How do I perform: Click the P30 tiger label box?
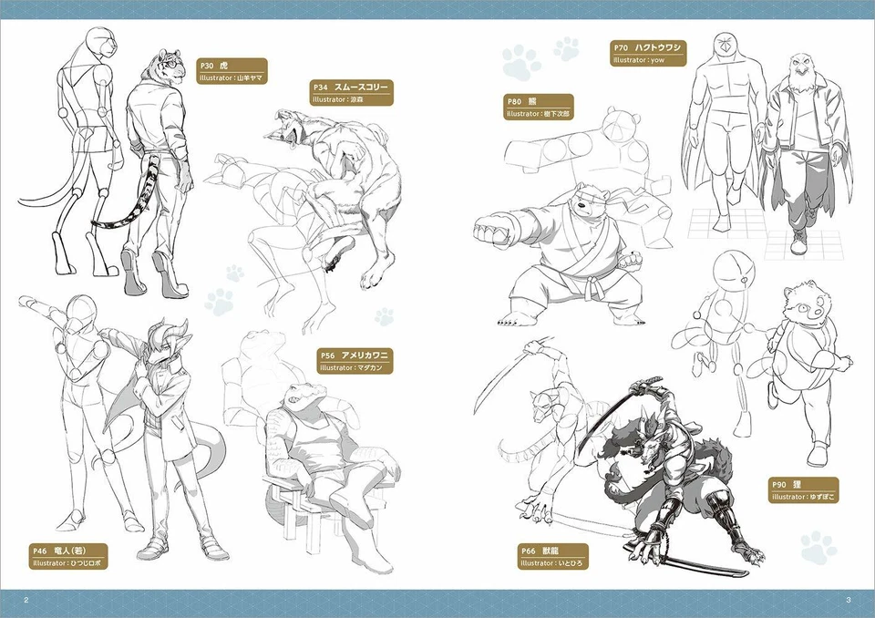[x=232, y=71]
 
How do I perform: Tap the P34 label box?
[x=351, y=92]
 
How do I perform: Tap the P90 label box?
[x=803, y=490]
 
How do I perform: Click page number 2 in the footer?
[x=26, y=599]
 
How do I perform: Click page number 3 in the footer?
[x=848, y=599]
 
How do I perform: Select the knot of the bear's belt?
[x=595, y=275]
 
